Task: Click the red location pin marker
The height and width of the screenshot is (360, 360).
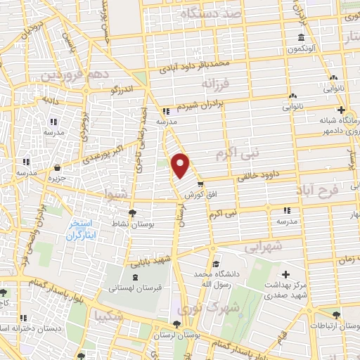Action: pyautogui.click(x=181, y=165)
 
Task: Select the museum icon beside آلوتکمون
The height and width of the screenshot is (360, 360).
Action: pyautogui.click(x=301, y=37)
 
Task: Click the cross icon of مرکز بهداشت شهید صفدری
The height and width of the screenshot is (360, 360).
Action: pyautogui.click(x=285, y=274)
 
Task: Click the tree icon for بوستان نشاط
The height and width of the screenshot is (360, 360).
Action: pyautogui.click(x=131, y=213)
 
